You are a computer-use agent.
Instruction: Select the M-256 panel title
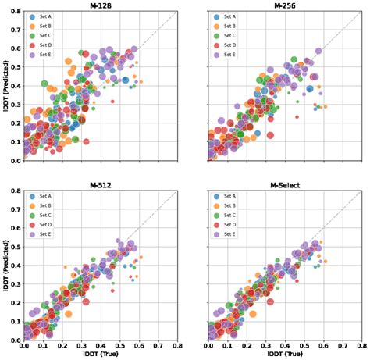click(286, 5)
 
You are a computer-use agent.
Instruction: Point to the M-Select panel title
click(286, 185)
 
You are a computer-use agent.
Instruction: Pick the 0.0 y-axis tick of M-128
click(16, 161)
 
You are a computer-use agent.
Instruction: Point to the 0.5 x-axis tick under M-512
click(120, 347)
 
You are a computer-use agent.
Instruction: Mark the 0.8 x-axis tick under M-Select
click(361, 347)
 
